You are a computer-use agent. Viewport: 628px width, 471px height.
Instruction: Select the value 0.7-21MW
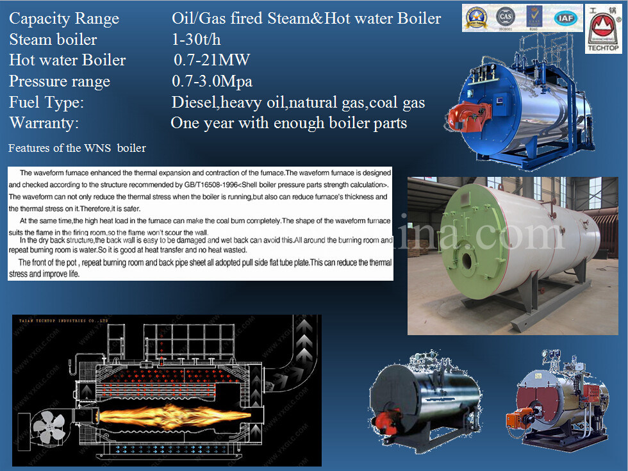click(211, 61)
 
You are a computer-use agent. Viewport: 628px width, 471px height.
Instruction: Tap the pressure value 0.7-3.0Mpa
click(212, 82)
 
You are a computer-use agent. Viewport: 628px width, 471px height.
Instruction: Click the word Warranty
click(44, 123)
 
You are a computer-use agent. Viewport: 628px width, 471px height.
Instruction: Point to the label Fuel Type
click(46, 103)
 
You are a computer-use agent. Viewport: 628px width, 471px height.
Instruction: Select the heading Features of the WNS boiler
click(77, 149)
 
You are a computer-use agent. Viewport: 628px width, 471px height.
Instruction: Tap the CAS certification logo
click(506, 17)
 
